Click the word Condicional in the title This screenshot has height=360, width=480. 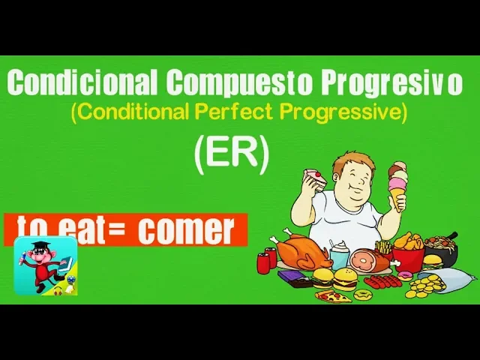82,82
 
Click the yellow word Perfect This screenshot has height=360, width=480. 233,112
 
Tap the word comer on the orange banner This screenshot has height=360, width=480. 186,229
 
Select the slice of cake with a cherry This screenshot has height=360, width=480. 315,179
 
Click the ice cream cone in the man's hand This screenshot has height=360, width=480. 398,185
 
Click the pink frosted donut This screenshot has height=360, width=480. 406,276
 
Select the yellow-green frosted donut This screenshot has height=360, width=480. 363,295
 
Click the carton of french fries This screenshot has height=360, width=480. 383,247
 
